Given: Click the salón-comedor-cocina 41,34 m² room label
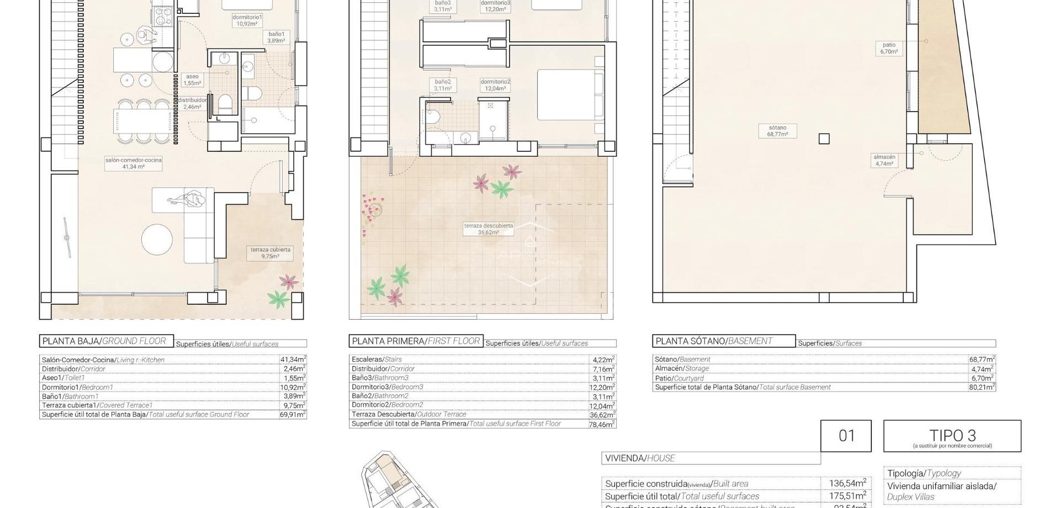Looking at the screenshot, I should [134, 163].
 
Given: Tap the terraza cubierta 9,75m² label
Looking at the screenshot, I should [270, 253].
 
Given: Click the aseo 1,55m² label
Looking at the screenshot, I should [192, 80].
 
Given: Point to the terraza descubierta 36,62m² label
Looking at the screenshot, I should [488, 229].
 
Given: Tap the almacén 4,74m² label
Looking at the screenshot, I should [884, 160].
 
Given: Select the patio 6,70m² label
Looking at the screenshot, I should [889, 48].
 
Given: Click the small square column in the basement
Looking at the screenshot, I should [824, 139].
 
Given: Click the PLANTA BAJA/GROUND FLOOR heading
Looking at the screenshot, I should [105, 341].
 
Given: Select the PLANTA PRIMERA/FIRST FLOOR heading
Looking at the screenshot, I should [416, 341].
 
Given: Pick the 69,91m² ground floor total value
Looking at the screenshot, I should [293, 414].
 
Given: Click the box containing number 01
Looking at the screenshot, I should [846, 436].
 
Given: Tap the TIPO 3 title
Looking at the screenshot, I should [952, 435].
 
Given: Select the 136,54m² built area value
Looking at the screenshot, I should [847, 483].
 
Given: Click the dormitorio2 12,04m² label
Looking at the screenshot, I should [495, 84].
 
